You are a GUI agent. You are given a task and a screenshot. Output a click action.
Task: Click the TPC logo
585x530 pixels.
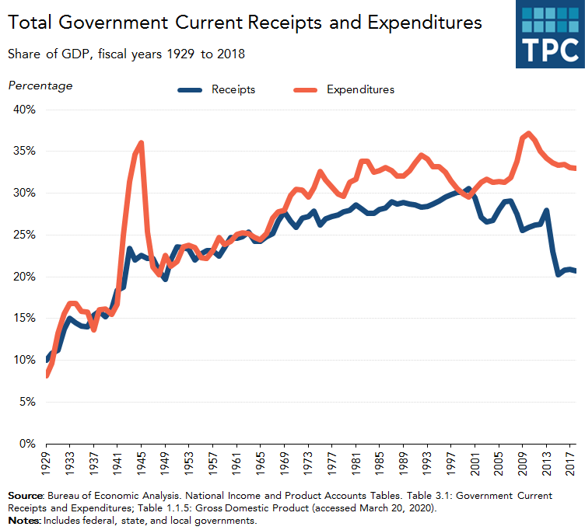coord(549,34)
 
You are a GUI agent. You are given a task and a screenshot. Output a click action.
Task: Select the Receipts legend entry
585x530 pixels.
coord(233,89)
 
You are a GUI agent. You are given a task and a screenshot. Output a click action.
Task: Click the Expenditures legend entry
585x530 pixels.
coord(359,89)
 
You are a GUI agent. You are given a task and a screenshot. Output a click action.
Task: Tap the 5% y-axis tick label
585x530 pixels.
coord(28,403)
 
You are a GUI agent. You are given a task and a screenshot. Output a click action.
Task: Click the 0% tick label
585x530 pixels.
coord(28,445)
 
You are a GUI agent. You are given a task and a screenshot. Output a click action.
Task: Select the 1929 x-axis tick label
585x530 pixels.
coord(47,465)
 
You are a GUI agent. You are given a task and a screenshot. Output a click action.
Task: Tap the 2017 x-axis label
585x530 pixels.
coord(569,465)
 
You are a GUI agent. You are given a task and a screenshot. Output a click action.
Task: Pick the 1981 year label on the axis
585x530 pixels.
coord(356,465)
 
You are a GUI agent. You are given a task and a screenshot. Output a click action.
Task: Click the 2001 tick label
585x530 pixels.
coord(475,465)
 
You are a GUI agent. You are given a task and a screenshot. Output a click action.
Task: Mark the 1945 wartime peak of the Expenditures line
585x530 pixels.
coord(141,143)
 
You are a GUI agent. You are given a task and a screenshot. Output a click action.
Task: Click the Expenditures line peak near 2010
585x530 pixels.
coord(529,134)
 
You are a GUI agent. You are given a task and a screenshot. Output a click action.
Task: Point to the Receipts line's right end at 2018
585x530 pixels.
coord(576,270)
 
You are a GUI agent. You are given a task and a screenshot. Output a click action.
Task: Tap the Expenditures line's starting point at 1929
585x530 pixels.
coord(47,375)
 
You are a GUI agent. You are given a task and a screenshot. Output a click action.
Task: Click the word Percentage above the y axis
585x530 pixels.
coord(40,85)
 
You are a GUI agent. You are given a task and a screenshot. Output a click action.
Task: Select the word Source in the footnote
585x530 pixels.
coord(25,495)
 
